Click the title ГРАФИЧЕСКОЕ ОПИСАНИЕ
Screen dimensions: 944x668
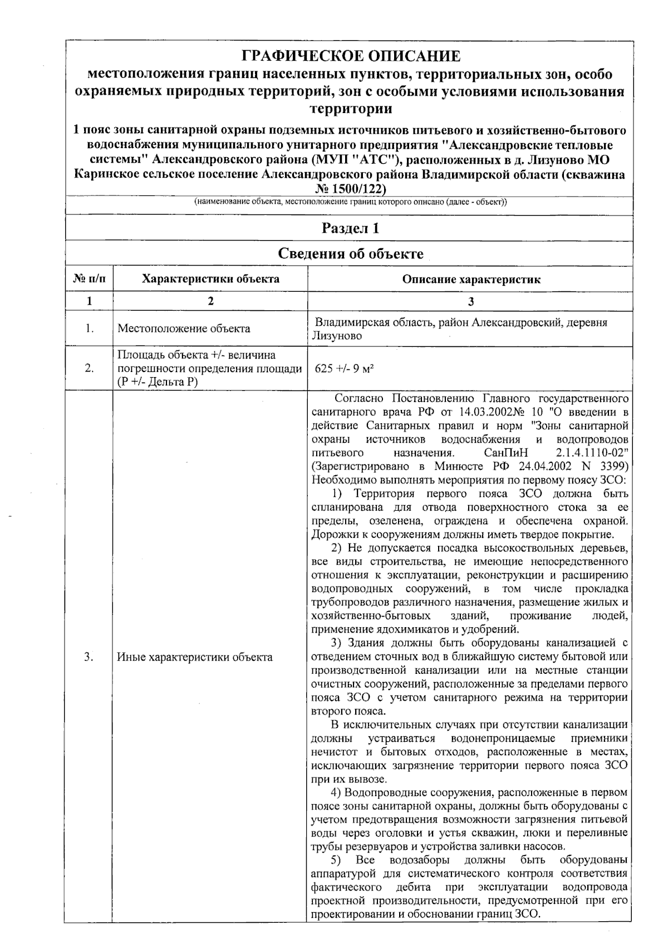coord(351,56)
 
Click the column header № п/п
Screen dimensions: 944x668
coord(89,279)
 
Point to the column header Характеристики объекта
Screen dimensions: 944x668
coord(210,279)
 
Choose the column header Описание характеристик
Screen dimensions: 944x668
coord(471,280)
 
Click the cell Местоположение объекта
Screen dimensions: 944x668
coord(184,329)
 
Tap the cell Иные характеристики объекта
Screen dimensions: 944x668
coord(195,657)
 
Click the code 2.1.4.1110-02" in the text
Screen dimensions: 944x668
coord(592,453)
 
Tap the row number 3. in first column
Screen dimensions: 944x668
coord(89,657)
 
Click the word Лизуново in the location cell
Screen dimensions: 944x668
coord(337,336)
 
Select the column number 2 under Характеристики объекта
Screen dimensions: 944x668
coord(210,301)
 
